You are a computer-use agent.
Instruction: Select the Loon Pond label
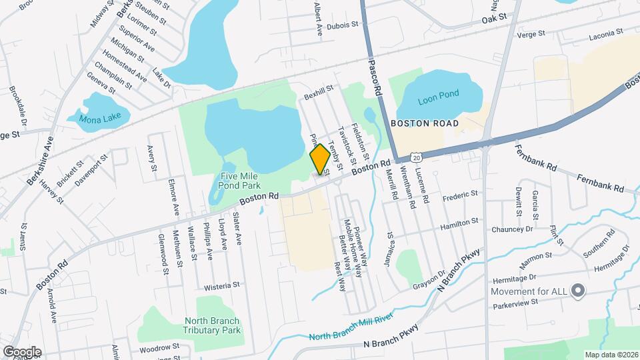click(439, 95)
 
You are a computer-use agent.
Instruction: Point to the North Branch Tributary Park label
click(212, 325)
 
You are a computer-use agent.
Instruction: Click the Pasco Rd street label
click(374, 75)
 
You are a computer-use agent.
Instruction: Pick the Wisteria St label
click(222, 285)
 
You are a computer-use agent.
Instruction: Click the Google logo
click(21, 351)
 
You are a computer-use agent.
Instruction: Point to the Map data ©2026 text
click(611, 354)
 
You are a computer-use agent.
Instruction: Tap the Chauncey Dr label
click(513, 229)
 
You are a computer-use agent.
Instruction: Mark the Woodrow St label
click(159, 347)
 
